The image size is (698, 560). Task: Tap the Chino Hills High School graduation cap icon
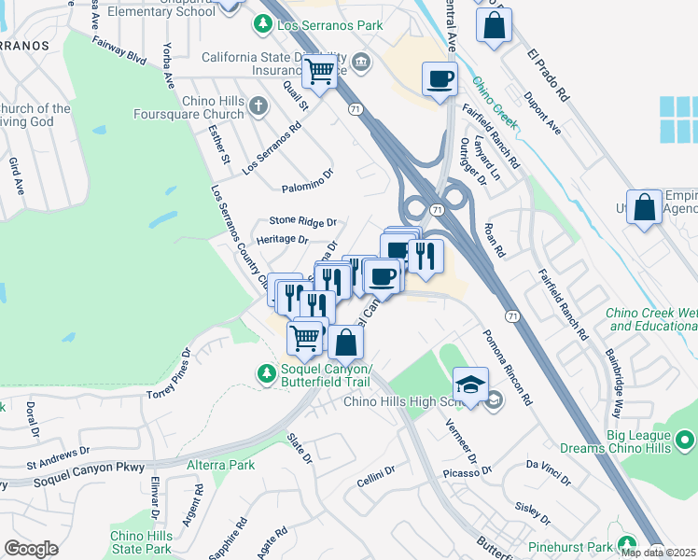coord(471,384)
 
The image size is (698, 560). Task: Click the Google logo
coord(31,548)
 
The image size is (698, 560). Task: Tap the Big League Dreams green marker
coord(686,438)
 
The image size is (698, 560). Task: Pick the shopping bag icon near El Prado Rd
coord(494,25)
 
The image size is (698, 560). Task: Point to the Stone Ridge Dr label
coord(301,221)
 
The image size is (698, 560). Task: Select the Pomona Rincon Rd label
coord(507,367)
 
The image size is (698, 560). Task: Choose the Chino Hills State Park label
coord(141,542)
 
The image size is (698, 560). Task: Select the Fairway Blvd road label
coord(119,50)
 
